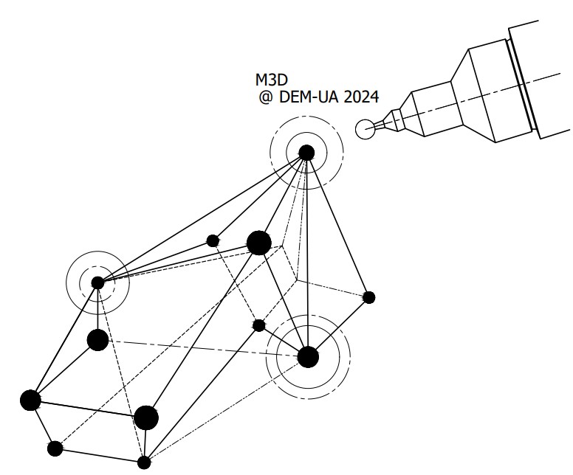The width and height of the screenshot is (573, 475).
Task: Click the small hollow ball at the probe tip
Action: coord(365,129)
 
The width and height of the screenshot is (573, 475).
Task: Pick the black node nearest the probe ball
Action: coord(306,153)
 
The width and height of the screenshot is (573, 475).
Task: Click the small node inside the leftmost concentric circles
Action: coord(97,282)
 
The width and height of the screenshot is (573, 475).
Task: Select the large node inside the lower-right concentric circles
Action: coord(308,356)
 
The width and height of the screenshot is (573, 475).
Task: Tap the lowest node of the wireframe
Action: coord(145,462)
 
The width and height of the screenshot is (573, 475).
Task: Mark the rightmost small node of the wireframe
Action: coord(369,297)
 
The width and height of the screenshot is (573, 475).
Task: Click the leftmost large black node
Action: coord(30,400)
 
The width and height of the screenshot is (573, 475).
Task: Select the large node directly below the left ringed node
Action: coord(97,340)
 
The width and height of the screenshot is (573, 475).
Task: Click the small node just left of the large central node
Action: coord(213,240)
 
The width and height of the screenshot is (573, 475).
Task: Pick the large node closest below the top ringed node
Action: coord(258,242)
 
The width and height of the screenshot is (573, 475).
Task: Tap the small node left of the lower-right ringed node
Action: coord(258,325)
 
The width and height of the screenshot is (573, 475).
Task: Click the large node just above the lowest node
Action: coord(146,417)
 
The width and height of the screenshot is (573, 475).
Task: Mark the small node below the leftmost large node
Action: coord(55,448)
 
